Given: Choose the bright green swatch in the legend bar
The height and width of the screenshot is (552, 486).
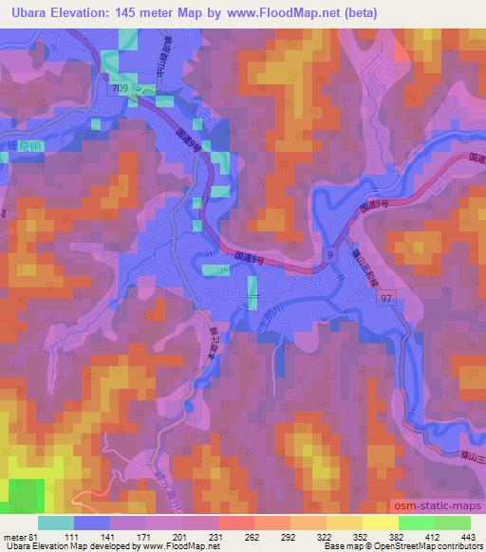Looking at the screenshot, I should pos(415,523).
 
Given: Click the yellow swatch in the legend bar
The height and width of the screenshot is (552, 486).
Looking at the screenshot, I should pos(380,523).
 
